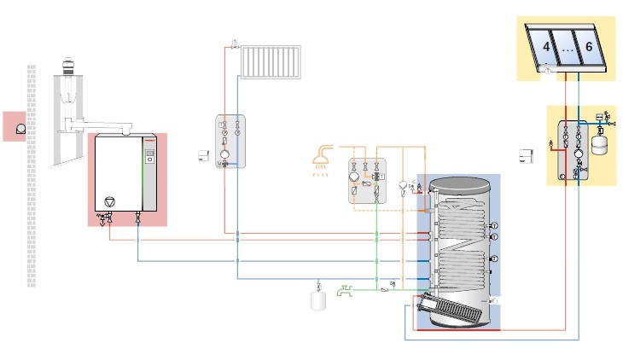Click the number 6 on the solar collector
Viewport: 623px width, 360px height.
click(x=588, y=49)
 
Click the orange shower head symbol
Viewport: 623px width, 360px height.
click(x=322, y=159)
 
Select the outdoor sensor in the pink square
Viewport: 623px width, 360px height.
click(x=16, y=126)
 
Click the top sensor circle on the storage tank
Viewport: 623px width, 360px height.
click(x=494, y=225)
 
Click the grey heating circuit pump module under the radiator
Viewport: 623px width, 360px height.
click(x=229, y=142)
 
